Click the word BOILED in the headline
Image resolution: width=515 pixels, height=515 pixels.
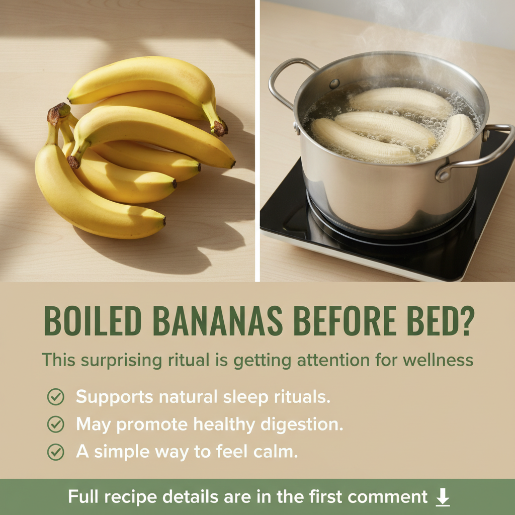[x=93, y=321]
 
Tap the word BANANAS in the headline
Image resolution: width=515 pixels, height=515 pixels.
[x=217, y=321]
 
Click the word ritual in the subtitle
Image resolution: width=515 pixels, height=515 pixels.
[x=189, y=360]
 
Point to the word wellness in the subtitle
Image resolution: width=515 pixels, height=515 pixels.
[x=438, y=360]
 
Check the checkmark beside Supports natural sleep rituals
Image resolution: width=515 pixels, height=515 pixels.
[x=55, y=397]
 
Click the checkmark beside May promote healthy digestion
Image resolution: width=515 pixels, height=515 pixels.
[x=55, y=424]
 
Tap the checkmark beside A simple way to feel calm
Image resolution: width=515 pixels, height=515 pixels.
[x=55, y=452]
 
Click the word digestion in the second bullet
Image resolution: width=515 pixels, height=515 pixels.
[x=302, y=424]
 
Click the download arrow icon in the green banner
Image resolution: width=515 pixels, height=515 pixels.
[x=443, y=496]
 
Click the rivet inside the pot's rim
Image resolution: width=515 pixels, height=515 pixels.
[x=334, y=84]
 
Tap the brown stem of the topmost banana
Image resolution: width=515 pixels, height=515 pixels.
[x=219, y=128]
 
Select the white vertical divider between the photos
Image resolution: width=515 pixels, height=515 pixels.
[x=257, y=141]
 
